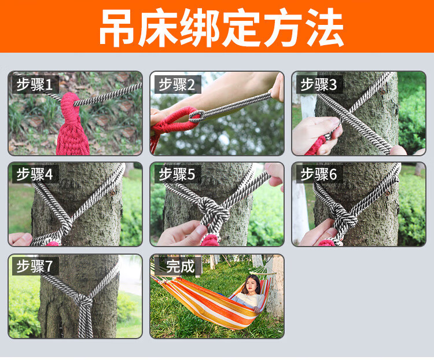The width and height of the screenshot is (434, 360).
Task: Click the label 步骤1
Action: coord(35,85)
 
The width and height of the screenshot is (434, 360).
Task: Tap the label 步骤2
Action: coord(176,85)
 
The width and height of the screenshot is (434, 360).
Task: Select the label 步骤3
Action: coord(319,85)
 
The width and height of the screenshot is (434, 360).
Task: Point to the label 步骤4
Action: coord(35,174)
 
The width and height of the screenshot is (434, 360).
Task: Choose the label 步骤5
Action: coord(176,174)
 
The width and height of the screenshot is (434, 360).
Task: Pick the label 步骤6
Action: coord(319,174)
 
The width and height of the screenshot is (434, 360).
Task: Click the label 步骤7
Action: coord(35,266)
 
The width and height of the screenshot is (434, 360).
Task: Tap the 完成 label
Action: coord(180,266)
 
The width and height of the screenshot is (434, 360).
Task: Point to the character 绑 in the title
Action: coord(200,27)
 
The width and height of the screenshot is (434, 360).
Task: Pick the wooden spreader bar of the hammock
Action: coord(264,270)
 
